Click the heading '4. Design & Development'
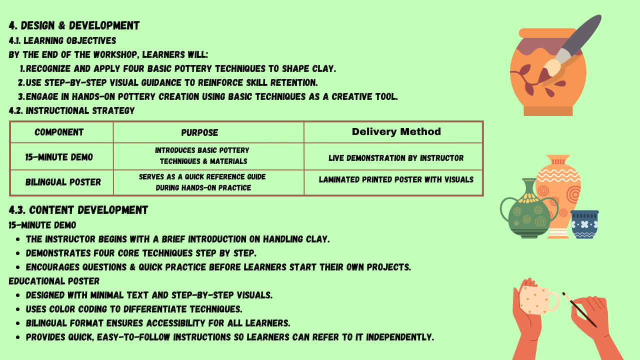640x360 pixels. click(74, 25)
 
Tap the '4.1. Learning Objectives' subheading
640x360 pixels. click(62, 40)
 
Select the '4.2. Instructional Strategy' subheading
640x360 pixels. click(71, 110)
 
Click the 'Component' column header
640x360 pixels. click(59, 132)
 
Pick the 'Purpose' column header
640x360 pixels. click(199, 132)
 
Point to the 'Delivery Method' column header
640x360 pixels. click(396, 132)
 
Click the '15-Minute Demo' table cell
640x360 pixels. click(59, 157)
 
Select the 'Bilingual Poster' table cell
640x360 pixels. click(63, 182)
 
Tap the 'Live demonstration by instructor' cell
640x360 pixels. click(396, 158)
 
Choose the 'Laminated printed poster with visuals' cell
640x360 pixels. click(396, 179)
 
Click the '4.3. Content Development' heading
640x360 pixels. click(78, 210)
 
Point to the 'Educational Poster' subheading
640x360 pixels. click(54, 281)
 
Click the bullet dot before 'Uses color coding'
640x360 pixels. click(18, 309)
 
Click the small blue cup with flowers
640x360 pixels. click(584, 224)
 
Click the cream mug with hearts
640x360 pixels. click(537, 300)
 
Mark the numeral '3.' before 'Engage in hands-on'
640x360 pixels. click(21, 97)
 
